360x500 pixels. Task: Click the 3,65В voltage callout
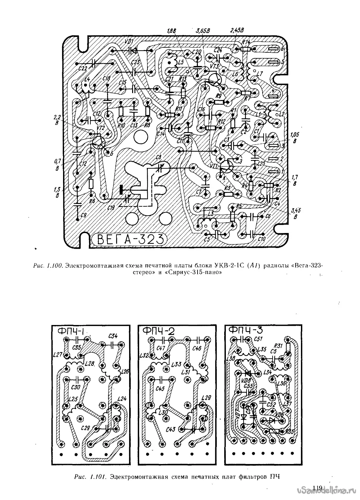coord(203,31)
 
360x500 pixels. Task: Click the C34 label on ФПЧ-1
coord(113,336)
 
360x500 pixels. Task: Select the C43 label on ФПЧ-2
coord(171,429)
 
